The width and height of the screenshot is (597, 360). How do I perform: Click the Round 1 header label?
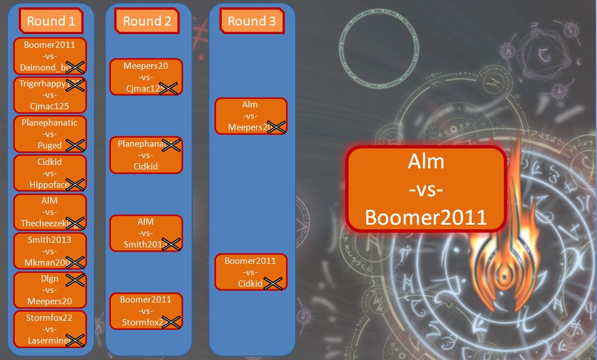51,22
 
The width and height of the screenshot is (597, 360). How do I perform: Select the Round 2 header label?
147,22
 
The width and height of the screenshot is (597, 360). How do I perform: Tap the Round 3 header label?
251,22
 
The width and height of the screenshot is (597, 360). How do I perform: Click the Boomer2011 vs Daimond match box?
50,56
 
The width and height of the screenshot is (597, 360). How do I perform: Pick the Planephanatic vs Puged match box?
50,134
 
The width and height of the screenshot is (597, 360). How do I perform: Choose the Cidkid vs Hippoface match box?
50,173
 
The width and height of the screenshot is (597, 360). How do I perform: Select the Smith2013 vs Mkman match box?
50,251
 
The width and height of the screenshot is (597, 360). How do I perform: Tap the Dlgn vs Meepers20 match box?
50,290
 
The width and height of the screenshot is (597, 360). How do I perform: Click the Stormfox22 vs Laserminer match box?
50,329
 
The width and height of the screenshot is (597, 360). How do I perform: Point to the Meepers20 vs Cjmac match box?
146,77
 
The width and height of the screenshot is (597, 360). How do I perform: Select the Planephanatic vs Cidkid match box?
146,155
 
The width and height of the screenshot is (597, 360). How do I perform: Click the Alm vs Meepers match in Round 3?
251,116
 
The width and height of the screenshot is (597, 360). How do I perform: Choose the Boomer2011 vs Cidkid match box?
251,272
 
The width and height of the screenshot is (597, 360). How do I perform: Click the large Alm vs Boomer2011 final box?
426,189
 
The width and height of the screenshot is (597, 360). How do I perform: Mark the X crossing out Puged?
75,145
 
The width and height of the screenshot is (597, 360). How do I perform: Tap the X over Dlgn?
75,279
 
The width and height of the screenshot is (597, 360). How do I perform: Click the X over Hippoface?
75,184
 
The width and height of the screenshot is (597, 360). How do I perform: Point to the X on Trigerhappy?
75,85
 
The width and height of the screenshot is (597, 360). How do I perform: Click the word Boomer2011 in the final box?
426,217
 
